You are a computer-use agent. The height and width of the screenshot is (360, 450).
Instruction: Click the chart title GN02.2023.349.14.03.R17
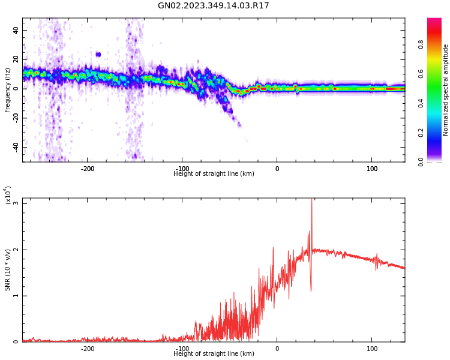tap(214, 6)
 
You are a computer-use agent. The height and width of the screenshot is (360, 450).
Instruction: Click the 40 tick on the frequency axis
tap(16, 30)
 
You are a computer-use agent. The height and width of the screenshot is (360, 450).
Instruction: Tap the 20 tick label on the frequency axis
tap(16, 59)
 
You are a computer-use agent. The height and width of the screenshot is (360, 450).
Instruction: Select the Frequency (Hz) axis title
tap(8, 90)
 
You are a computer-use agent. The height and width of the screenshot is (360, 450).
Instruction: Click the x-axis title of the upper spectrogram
tap(214, 174)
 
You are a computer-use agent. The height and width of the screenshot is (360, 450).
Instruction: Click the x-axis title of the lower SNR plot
tap(214, 354)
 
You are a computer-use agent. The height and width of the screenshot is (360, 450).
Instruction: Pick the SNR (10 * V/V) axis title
tap(8, 270)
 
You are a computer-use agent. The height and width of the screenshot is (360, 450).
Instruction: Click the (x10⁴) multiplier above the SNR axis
tap(8, 195)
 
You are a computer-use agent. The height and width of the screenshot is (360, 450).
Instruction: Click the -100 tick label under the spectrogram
tap(182, 169)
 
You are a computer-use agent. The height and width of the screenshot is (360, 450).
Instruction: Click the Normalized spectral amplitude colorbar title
tap(446, 90)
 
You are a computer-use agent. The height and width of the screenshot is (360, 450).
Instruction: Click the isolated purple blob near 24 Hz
tap(98, 54)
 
